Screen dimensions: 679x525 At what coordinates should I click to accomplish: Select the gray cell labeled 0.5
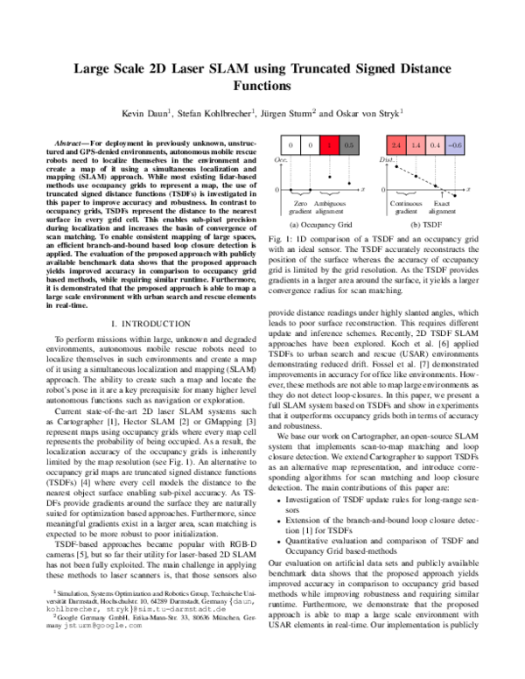349,143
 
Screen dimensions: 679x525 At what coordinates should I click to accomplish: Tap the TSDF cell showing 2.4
396,143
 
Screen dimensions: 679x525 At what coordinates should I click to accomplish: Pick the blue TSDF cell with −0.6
454,143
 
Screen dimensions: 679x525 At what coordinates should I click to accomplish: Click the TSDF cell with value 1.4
416,143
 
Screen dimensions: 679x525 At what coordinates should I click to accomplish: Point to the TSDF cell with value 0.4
435,143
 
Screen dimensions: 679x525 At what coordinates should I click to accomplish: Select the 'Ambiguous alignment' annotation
329,206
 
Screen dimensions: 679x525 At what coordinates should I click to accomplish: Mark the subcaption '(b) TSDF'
425,225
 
